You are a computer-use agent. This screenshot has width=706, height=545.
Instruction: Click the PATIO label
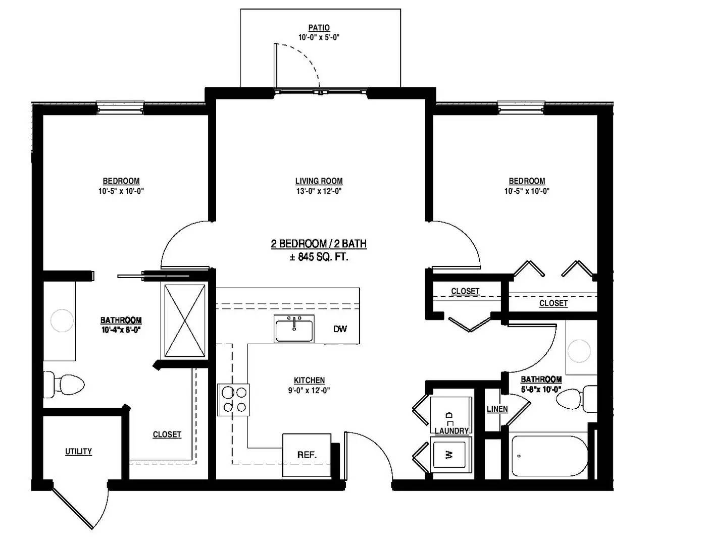click(319, 28)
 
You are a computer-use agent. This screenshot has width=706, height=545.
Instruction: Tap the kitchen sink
click(294, 330)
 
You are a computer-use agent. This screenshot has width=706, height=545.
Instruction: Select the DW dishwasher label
click(340, 329)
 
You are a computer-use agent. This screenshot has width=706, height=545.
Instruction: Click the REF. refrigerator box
click(307, 455)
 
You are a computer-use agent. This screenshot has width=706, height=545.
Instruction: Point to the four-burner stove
click(234, 400)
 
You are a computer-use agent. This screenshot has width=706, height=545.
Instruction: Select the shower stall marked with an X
click(185, 321)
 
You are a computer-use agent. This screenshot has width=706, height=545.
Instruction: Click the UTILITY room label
click(78, 451)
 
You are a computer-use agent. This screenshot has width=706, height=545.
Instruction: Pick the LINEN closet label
click(497, 409)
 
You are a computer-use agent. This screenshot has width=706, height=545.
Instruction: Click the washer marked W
click(450, 455)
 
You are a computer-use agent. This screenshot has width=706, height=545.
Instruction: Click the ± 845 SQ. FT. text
click(319, 257)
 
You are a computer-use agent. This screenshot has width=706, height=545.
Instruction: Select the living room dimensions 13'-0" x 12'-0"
click(319, 191)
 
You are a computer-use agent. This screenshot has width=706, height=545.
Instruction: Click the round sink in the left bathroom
click(62, 320)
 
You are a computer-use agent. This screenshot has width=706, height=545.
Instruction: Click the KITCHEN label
click(309, 380)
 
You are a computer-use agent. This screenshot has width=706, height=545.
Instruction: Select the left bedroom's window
click(120, 105)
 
